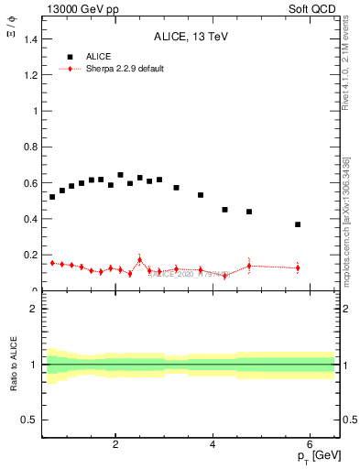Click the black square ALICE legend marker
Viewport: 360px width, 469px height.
65,56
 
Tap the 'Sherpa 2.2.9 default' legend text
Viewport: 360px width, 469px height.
124,69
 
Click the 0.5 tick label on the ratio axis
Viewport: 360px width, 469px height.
30,420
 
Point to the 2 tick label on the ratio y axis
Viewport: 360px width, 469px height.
34,309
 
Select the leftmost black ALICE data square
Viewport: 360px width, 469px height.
52,197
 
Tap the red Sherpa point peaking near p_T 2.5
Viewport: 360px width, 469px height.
139,260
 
